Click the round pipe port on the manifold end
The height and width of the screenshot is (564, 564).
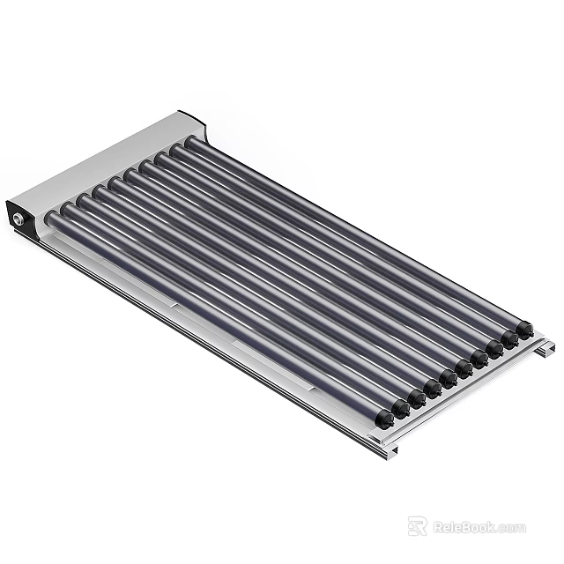(x=18, y=219)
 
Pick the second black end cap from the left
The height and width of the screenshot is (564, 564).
(x=401, y=408)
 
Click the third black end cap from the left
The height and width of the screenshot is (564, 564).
(x=417, y=397)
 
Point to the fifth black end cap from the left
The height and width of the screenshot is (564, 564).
(x=449, y=378)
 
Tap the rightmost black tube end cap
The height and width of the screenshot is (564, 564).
(x=525, y=330)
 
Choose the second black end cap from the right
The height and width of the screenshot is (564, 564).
(x=510, y=338)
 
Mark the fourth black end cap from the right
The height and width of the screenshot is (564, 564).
(x=480, y=358)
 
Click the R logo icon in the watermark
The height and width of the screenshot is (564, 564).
(x=416, y=526)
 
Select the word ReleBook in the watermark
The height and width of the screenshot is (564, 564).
(x=464, y=527)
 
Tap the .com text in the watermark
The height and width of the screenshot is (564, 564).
(x=511, y=528)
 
